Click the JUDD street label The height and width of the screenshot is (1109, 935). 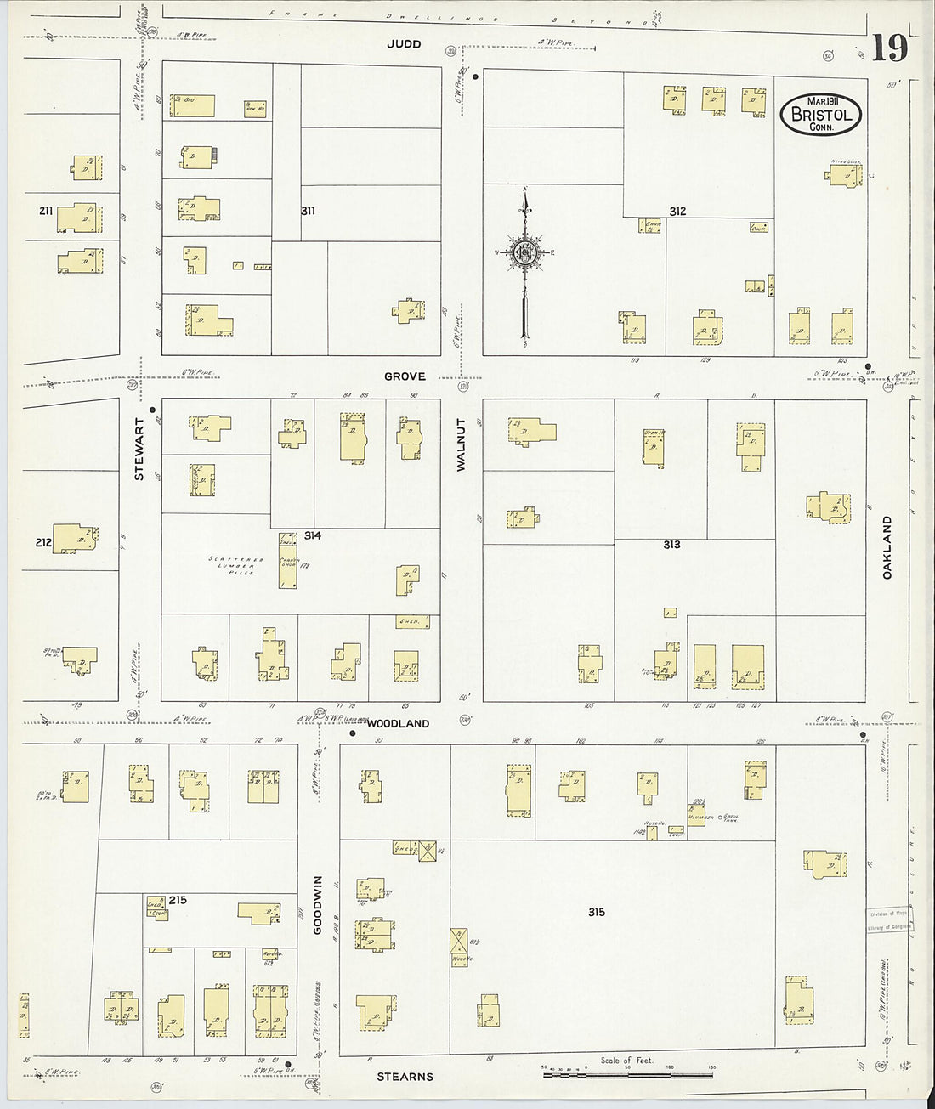click(x=403, y=44)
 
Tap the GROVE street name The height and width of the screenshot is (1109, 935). click(x=404, y=376)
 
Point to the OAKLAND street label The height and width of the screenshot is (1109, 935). click(x=887, y=547)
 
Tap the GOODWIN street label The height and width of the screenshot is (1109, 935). click(x=319, y=905)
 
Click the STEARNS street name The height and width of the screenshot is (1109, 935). click(x=405, y=1076)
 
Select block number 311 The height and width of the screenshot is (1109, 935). click(x=308, y=211)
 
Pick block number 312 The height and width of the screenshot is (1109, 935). click(x=677, y=212)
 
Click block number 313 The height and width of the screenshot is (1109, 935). click(x=671, y=545)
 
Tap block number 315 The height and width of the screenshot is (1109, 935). click(x=596, y=912)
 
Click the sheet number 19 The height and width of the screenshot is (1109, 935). click(x=889, y=48)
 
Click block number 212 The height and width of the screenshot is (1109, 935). click(x=44, y=542)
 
